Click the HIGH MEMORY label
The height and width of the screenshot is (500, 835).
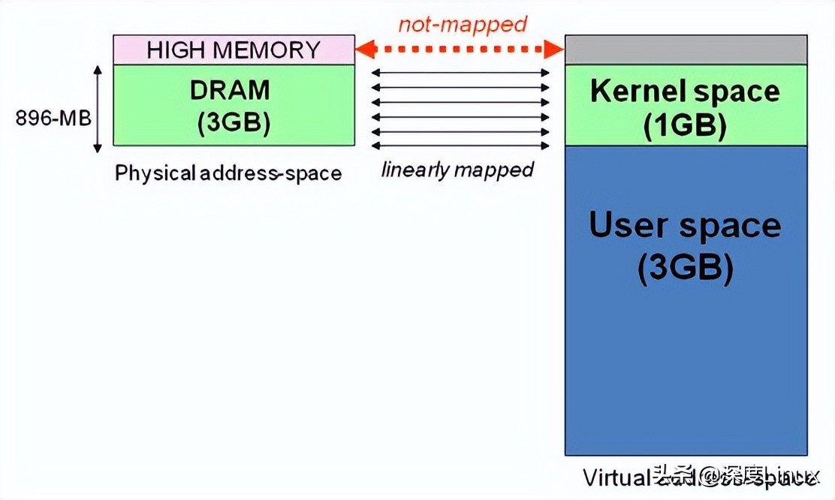234,50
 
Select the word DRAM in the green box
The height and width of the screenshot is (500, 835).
229,90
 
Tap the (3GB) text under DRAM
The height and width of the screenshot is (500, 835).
234,122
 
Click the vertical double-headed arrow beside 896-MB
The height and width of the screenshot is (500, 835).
98,109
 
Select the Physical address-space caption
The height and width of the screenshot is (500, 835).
228,173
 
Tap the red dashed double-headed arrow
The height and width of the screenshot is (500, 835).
460,50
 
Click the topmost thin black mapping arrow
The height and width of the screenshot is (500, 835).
460,73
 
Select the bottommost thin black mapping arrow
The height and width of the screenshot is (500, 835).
460,146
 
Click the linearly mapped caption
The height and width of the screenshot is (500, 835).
457,170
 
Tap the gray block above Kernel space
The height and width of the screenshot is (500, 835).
686,50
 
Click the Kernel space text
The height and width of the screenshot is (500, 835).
685,92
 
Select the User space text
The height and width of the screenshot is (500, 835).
685,225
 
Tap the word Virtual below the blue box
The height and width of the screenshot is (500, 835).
613,477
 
